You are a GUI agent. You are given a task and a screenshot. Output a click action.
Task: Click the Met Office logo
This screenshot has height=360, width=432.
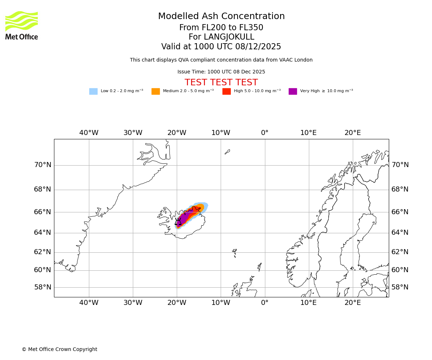tap(22, 25)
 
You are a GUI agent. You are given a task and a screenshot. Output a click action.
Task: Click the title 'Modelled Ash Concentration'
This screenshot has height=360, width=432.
tap(221, 17)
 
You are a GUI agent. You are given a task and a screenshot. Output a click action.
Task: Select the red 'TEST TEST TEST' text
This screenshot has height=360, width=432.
tap(221, 83)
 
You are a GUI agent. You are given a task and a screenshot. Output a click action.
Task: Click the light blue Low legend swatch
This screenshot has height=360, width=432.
tap(93, 91)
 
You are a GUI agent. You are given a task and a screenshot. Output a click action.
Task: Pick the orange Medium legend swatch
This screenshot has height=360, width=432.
tap(156, 91)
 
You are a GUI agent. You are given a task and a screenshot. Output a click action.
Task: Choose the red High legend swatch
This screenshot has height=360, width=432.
tap(226, 91)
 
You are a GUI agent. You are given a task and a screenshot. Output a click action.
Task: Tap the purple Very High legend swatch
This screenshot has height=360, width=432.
tap(293, 91)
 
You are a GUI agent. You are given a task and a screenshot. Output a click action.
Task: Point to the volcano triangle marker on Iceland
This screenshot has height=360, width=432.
tap(178, 222)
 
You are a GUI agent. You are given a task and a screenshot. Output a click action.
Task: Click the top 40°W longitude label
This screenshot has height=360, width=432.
tap(89, 133)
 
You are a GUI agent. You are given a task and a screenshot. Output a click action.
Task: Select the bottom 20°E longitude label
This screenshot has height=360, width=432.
tap(352, 303)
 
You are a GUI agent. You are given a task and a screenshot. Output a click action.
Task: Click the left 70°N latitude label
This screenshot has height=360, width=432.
tap(42, 165)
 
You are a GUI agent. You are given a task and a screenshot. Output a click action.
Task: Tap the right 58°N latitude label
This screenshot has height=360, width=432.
tap(400, 287)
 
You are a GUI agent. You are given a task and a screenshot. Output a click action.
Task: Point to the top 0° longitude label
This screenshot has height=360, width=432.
tap(265, 133)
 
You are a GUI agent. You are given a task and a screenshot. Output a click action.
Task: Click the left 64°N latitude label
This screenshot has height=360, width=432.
tap(42, 233)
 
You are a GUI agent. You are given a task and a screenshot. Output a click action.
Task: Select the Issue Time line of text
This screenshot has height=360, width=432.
tap(221, 72)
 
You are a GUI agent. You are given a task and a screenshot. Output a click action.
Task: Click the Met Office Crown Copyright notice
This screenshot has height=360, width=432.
tap(59, 350)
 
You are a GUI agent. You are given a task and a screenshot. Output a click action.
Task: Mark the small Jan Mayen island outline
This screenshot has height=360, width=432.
tap(227, 152)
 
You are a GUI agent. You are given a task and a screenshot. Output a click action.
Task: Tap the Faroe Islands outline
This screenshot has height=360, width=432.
tap(234, 252)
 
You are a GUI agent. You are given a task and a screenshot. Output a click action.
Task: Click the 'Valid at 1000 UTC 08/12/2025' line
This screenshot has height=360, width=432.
tap(221, 47)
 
